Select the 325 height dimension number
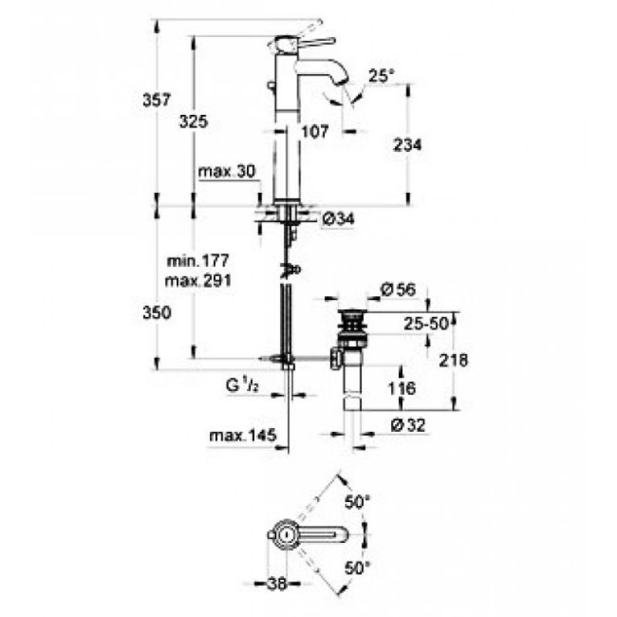[194, 122]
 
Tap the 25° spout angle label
[381, 76]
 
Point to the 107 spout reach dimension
[315, 131]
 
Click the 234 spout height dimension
[407, 145]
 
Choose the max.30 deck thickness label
[227, 171]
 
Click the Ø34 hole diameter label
[339, 219]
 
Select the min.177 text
[198, 261]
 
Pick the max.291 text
[198, 281]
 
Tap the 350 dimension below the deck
[157, 313]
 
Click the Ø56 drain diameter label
[398, 290]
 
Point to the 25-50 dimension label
[427, 324]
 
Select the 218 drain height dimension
[453, 360]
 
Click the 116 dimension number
[402, 389]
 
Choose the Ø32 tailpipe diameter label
[409, 425]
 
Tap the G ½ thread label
[242, 385]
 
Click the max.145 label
[243, 436]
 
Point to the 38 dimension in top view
[278, 584]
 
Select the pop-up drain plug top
[352, 314]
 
